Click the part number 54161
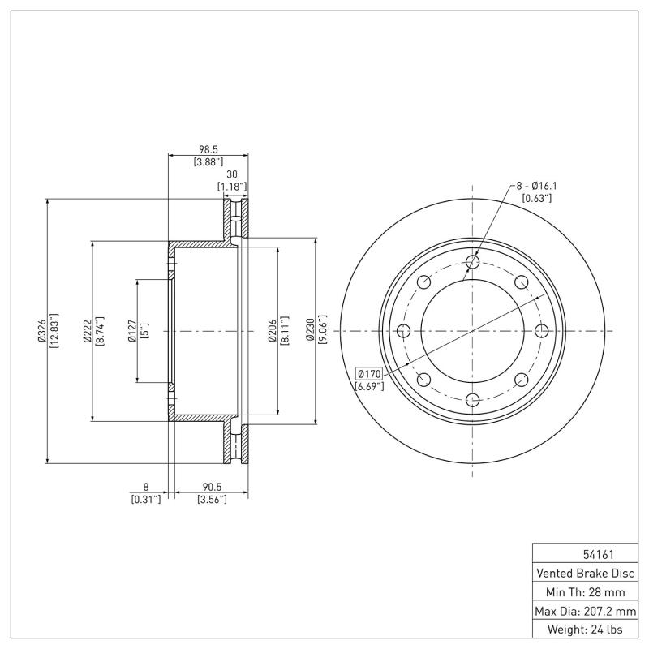[x=585, y=555]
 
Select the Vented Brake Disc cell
[x=585, y=574]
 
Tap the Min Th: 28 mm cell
[x=585, y=592]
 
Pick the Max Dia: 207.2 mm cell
[x=585, y=611]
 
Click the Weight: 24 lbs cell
[x=585, y=630]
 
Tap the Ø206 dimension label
[x=273, y=331]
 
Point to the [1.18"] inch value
[x=232, y=187]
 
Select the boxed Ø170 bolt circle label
[x=369, y=374]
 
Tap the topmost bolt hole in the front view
[x=473, y=261]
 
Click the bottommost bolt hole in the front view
[x=473, y=399]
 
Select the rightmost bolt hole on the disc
[x=542, y=330]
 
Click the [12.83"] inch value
[x=54, y=331]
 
